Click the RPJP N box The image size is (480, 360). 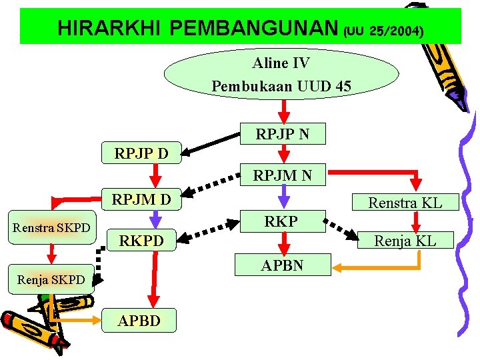tap(283, 134)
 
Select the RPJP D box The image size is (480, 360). tap(141, 154)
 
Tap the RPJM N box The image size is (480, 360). tap(282, 176)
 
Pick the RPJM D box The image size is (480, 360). tap(141, 199)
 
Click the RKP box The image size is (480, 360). tap(281, 221)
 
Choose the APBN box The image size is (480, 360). tap(282, 265)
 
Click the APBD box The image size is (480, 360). tap(139, 321)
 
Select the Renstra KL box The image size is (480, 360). tap(405, 202)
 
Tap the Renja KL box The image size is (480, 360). tap(405, 240)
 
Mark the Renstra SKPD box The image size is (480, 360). tap(52, 228)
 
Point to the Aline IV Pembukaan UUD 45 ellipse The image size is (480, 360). tap(281, 74)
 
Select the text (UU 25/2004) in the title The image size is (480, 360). tap(383, 31)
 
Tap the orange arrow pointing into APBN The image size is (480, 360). tap(380, 267)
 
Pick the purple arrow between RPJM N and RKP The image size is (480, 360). tap(284, 194)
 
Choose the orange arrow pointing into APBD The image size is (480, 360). tap(73, 320)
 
